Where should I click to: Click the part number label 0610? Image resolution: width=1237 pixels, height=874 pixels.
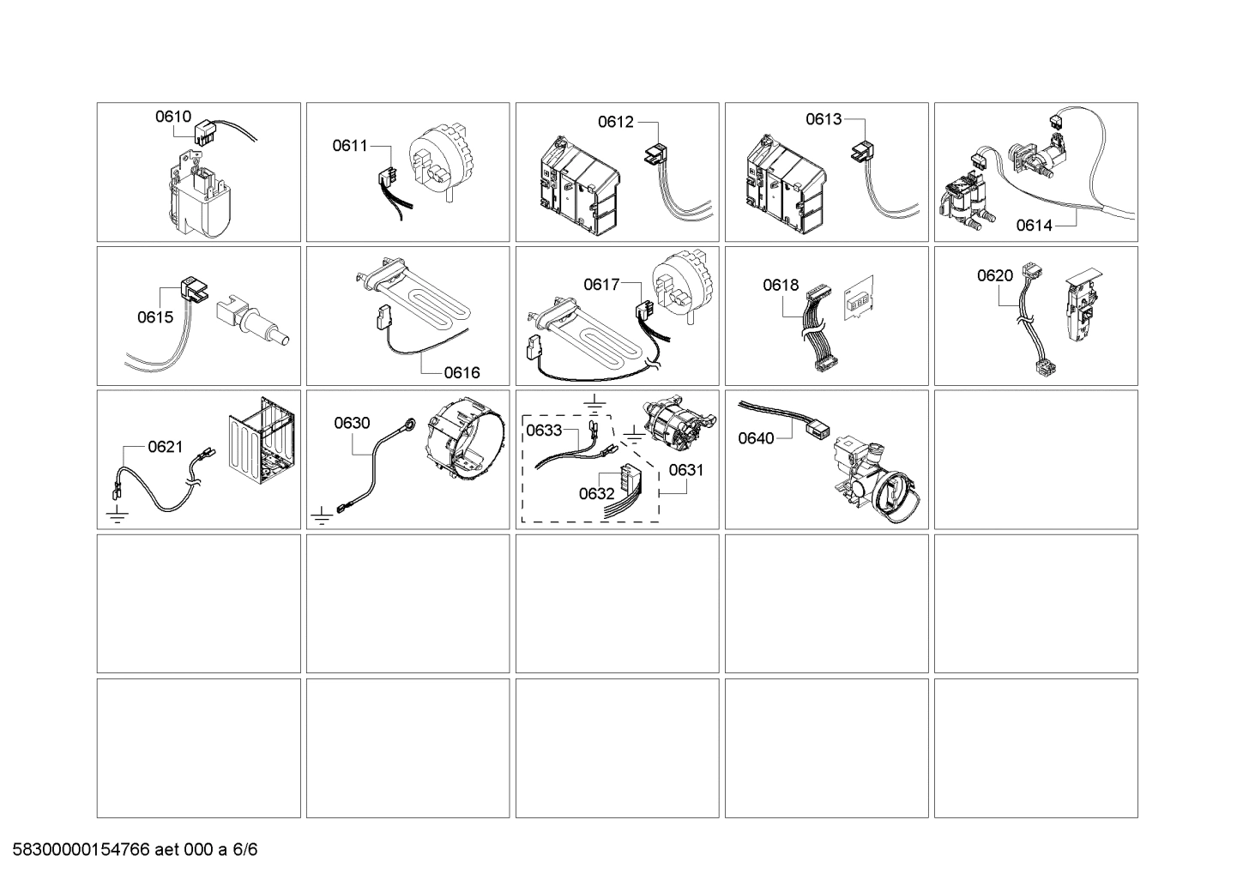172,118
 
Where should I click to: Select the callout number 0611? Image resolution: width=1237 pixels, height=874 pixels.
350,146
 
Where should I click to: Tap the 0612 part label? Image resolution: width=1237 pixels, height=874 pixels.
616,122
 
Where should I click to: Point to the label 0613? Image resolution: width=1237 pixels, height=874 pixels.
824,119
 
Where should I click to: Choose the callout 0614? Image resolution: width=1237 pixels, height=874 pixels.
1034,226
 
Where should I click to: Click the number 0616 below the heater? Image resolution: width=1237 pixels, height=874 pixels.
462,372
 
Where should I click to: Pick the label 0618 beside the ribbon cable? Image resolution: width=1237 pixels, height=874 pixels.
781,285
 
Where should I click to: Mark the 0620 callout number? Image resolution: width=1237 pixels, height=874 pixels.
995,275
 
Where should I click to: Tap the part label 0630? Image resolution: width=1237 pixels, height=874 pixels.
352,422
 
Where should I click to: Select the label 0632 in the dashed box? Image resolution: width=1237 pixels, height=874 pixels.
596,493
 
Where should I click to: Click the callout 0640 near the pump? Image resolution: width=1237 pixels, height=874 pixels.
756,438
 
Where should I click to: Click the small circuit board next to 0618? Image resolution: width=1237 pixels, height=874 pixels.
859,299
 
